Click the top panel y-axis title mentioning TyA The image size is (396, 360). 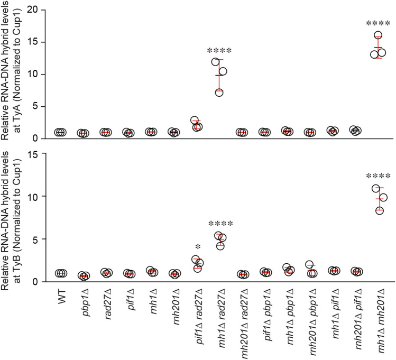[x=12, y=70]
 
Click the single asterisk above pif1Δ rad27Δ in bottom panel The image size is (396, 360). [x=197, y=247]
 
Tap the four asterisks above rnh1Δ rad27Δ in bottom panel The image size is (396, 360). [x=220, y=224]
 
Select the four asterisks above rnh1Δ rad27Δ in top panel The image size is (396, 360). [x=220, y=51]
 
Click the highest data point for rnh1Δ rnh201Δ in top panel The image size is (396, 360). [x=377, y=35]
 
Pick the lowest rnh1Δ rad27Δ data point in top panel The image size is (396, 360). [x=219, y=93]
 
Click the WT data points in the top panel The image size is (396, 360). [x=60, y=132]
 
